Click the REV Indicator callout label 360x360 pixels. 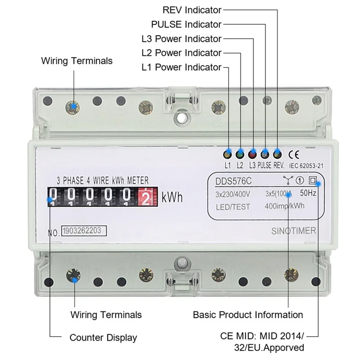click(x=192, y=10)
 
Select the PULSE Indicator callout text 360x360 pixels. click(x=186, y=24)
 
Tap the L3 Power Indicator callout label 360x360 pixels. click(x=181, y=39)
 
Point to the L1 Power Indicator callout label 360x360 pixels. click(x=181, y=67)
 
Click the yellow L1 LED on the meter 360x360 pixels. click(x=228, y=154)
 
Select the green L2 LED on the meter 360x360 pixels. click(x=240, y=154)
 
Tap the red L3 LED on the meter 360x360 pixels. click(x=252, y=154)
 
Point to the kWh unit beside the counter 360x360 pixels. click(x=172, y=197)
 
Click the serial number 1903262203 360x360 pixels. click(x=82, y=230)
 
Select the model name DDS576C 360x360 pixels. click(x=233, y=181)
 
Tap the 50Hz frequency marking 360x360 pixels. click(x=308, y=193)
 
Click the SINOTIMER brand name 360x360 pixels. click(x=294, y=231)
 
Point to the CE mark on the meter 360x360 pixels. click(x=294, y=155)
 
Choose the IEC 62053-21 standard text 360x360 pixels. click(x=306, y=166)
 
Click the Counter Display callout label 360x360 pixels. click(x=103, y=338)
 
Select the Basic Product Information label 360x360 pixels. click(x=248, y=315)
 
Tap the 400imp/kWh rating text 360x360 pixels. click(x=284, y=206)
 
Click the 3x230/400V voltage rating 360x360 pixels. click(x=233, y=194)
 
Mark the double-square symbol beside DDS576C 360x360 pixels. click(x=312, y=180)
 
